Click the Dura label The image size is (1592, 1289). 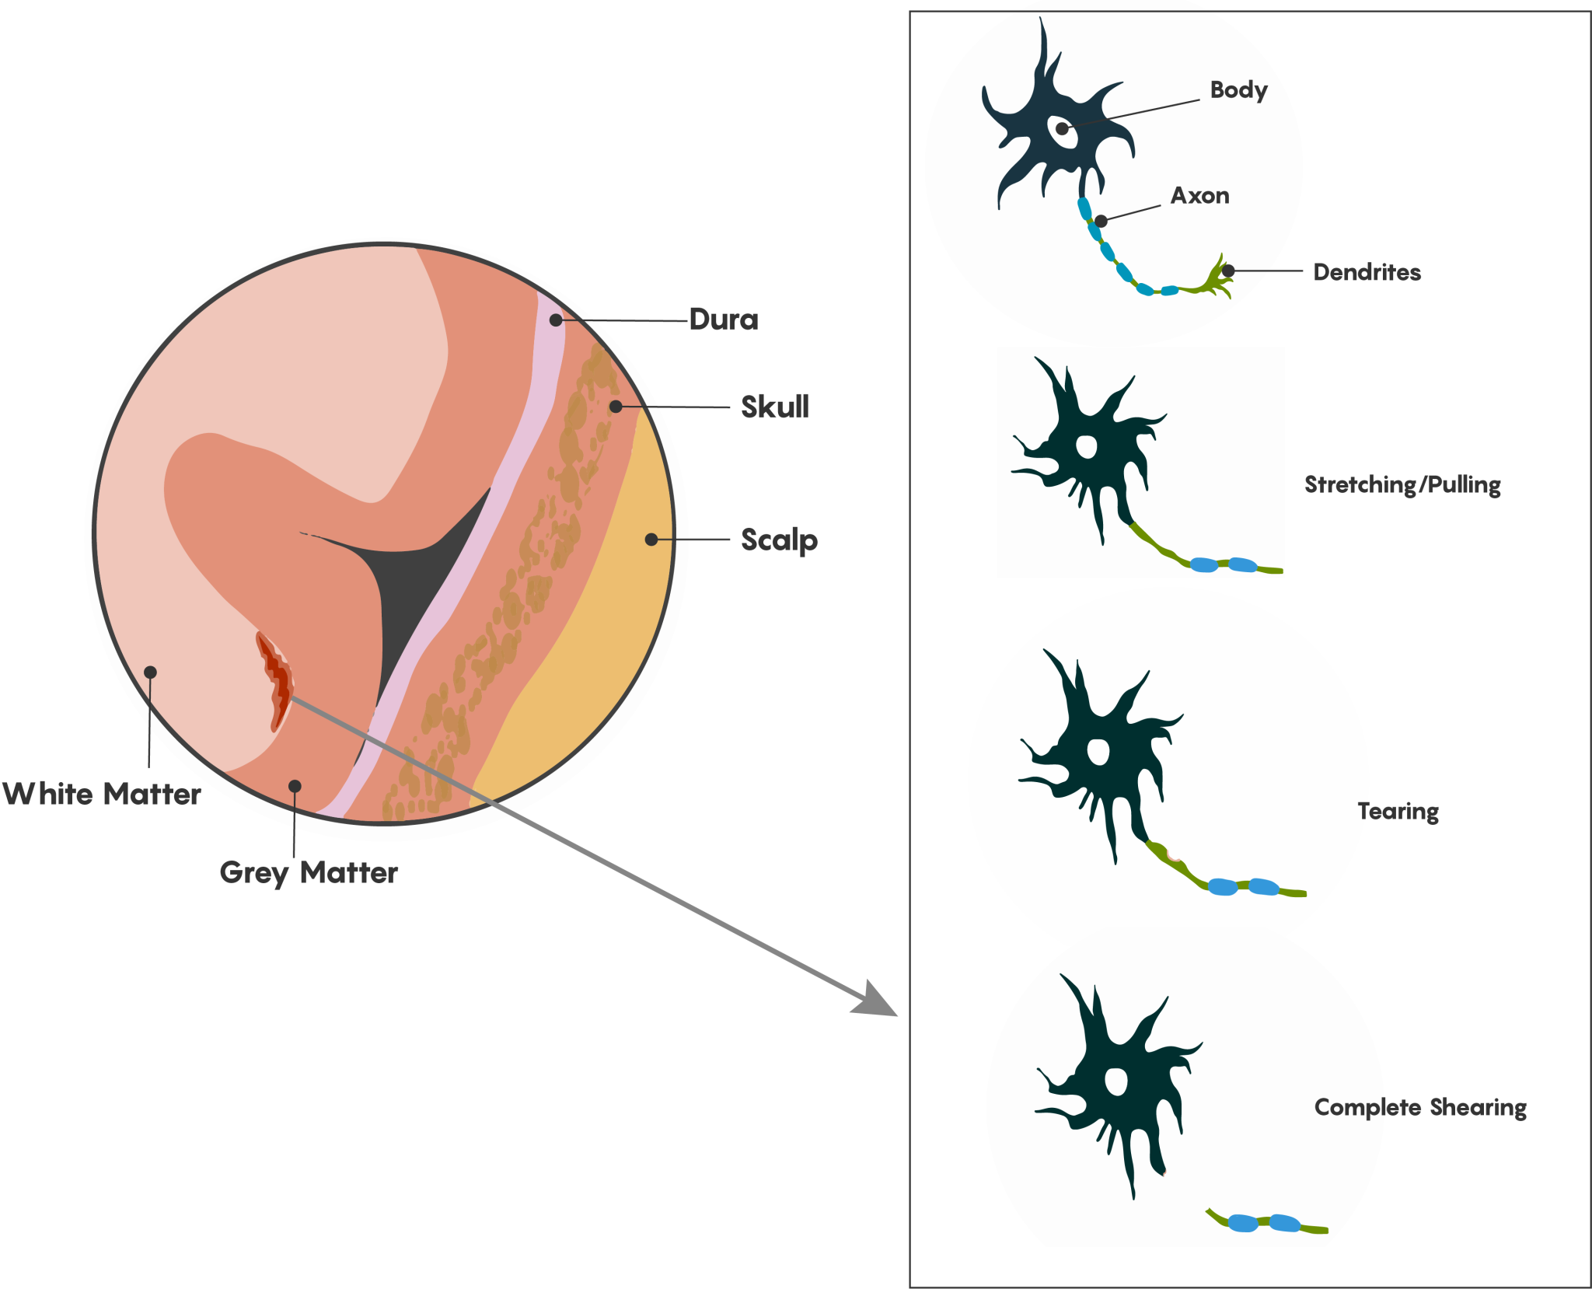tap(723, 320)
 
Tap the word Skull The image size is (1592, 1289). tap(774, 407)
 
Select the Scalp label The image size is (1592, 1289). tap(779, 540)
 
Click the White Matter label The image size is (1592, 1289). tap(102, 794)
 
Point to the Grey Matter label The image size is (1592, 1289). tap(309, 872)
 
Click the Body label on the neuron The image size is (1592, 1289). tap(1238, 90)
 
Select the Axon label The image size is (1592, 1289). tap(1199, 195)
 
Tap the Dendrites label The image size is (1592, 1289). tap(1367, 272)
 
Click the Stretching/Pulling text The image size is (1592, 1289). tap(1402, 484)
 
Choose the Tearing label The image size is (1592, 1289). tap(1398, 811)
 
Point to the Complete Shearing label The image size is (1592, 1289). tap(1419, 1107)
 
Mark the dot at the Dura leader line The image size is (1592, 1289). tap(556, 320)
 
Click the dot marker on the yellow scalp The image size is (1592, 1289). tap(651, 540)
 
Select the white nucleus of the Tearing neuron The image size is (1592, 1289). tap(1098, 752)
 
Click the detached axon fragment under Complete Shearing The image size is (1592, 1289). tap(1266, 1223)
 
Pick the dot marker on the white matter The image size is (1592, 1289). tap(151, 672)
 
